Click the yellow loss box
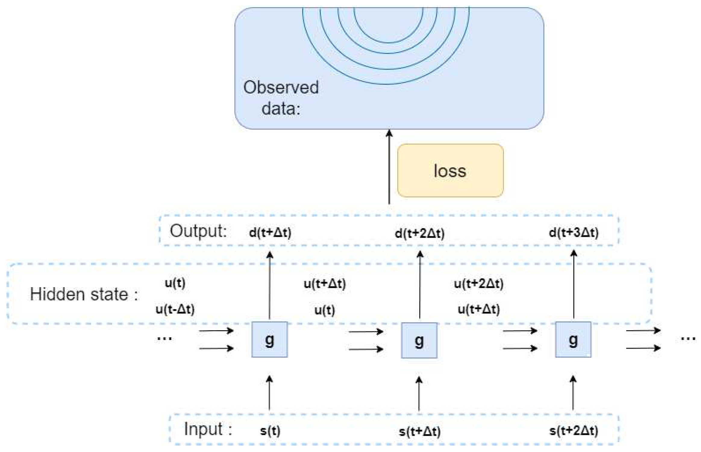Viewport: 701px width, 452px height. click(450, 171)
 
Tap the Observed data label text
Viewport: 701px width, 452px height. click(281, 97)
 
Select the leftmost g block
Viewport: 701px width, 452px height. click(269, 340)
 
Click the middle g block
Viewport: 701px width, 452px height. click(419, 340)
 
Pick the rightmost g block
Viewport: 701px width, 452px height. click(573, 340)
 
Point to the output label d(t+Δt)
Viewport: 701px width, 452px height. click(270, 232)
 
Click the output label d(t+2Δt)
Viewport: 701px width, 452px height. click(419, 233)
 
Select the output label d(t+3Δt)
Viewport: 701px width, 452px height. click(573, 232)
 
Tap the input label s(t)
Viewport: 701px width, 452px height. click(270, 431)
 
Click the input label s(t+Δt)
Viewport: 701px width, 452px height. click(419, 432)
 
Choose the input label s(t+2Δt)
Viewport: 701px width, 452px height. click(573, 431)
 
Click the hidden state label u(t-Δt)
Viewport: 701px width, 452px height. click(175, 309)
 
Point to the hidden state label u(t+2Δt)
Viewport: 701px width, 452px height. click(478, 284)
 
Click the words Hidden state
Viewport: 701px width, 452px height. click(79, 294)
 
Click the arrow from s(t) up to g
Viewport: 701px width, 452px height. click(269, 393)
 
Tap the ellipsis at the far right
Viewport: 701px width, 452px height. click(688, 339)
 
